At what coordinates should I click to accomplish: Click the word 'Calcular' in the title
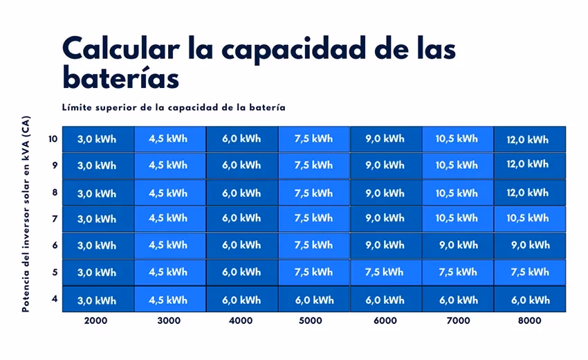[x=122, y=51]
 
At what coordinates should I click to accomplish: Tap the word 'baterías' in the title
[x=120, y=78]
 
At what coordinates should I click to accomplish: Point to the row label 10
[x=53, y=138]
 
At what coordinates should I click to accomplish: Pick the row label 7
[x=55, y=219]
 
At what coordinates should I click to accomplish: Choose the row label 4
[x=55, y=299]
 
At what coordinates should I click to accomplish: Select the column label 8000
[x=529, y=321]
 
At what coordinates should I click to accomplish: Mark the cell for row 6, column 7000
[x=457, y=245]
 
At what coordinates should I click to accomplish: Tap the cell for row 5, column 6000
[x=385, y=272]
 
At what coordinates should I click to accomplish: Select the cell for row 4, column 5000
[x=313, y=300]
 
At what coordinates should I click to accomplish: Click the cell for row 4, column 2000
[x=98, y=300]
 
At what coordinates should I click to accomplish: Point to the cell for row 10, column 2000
[x=98, y=139]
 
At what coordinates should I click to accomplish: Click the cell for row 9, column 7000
[x=457, y=165]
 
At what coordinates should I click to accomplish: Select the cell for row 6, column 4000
[x=241, y=245]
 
